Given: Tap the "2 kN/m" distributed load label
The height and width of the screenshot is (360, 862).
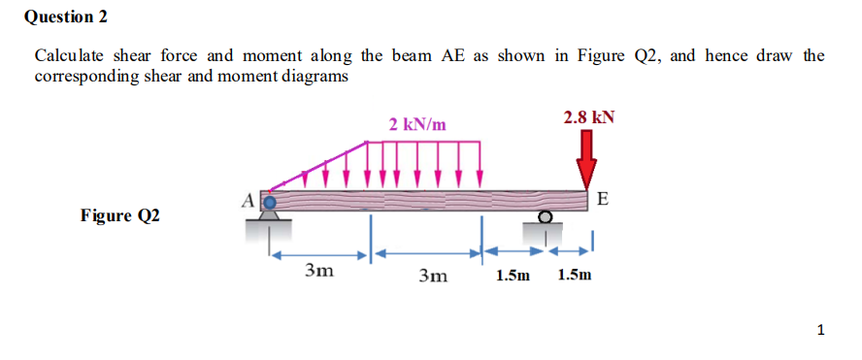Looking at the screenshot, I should coord(417,124).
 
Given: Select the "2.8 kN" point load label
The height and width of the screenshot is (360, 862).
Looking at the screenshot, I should coord(588,117).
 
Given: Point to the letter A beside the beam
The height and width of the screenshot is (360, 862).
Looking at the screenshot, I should coord(248,199).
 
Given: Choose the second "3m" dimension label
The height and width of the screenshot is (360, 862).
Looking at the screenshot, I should coord(432,276).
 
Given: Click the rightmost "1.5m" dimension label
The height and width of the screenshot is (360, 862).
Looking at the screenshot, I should coord(575,276).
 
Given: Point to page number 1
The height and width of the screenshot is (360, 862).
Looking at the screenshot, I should coord(821,331).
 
